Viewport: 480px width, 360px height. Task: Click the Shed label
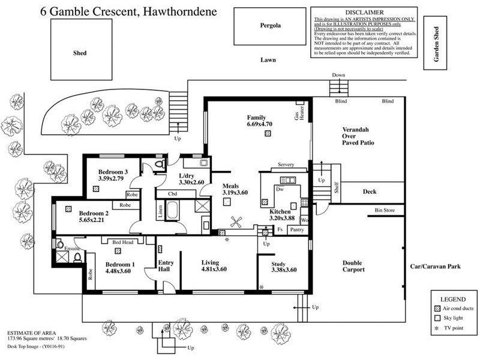point(79,53)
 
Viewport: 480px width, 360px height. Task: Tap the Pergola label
point(270,26)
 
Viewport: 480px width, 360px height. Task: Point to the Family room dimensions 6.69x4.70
point(259,124)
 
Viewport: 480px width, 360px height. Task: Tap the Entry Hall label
point(166,266)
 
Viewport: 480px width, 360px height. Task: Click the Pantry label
point(296,229)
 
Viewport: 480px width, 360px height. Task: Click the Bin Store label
point(383,210)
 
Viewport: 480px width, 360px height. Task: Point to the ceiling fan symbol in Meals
point(235,221)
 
